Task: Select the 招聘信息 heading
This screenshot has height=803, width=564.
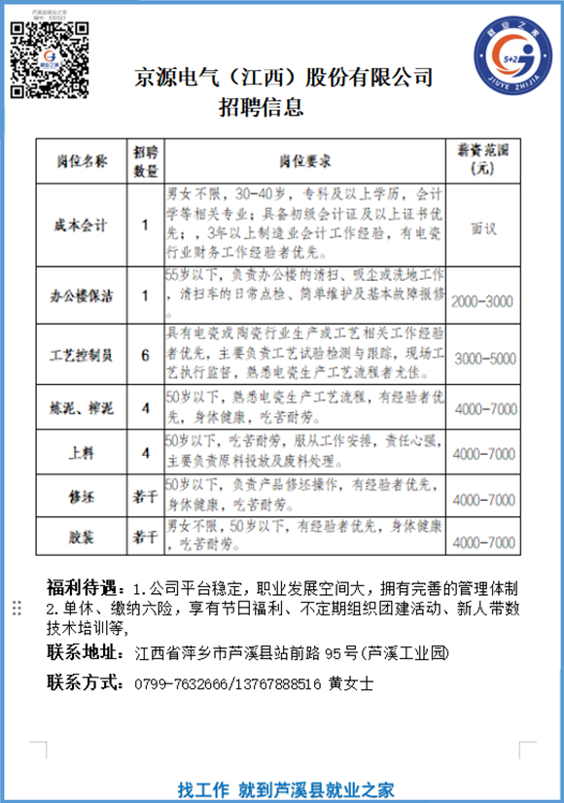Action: point(261,105)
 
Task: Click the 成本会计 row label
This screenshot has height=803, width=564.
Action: point(81,225)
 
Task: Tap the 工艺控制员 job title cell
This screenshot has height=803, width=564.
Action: point(81,355)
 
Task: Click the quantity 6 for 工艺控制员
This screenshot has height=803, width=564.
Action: point(145,355)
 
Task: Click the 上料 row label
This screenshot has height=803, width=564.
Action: point(81,453)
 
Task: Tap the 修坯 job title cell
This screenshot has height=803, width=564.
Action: point(81,498)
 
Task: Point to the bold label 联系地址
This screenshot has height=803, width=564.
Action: point(86,653)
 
